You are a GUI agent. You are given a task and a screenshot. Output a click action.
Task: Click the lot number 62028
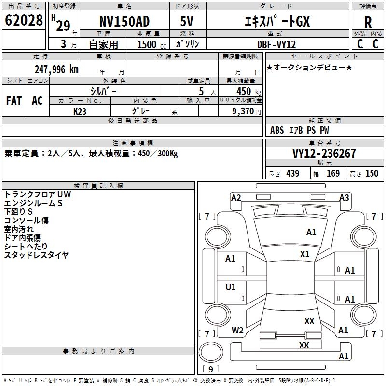tap(24, 20)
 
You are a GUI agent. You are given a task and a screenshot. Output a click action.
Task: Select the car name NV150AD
tap(124, 21)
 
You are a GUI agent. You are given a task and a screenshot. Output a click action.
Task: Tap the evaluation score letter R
tap(368, 22)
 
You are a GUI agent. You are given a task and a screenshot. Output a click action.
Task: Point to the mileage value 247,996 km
tap(56, 69)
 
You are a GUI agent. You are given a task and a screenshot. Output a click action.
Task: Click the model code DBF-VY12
tap(276, 44)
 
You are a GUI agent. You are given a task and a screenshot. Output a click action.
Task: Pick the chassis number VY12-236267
tap(324, 153)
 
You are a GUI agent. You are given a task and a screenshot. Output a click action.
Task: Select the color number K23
tap(80, 111)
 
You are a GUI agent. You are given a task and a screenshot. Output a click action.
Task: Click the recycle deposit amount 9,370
tap(243, 111)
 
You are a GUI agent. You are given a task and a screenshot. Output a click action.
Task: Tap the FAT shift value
tap(14, 101)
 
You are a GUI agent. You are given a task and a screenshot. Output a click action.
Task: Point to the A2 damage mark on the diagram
tap(236, 198)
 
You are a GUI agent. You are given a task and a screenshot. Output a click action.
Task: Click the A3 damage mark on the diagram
tap(344, 198)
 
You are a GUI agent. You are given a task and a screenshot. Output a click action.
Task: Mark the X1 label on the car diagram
tap(304, 254)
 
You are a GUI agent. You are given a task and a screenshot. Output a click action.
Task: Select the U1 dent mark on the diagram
tap(231, 287)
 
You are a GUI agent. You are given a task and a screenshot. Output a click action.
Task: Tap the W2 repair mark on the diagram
tap(237, 331)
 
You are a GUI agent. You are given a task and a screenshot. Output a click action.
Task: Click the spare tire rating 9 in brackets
tap(210, 369)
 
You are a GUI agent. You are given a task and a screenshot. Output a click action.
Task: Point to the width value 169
tap(333, 173)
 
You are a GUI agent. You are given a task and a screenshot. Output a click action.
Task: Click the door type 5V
tap(187, 21)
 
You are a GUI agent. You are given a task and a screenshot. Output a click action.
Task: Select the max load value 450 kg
tap(248, 92)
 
